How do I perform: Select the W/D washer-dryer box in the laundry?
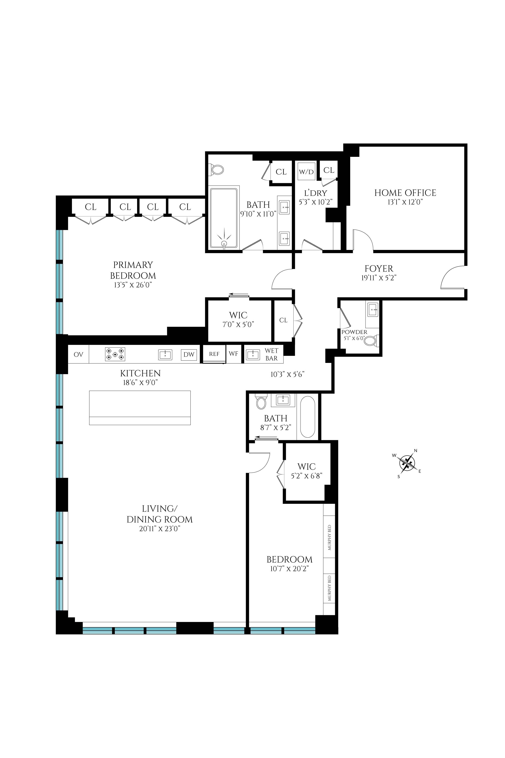306,172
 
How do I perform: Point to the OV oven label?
78,354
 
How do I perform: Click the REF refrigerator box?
214,354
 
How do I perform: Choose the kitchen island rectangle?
140,407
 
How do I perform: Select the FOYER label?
379,268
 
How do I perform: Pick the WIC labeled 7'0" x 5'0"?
238,319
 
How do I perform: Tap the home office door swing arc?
363,240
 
